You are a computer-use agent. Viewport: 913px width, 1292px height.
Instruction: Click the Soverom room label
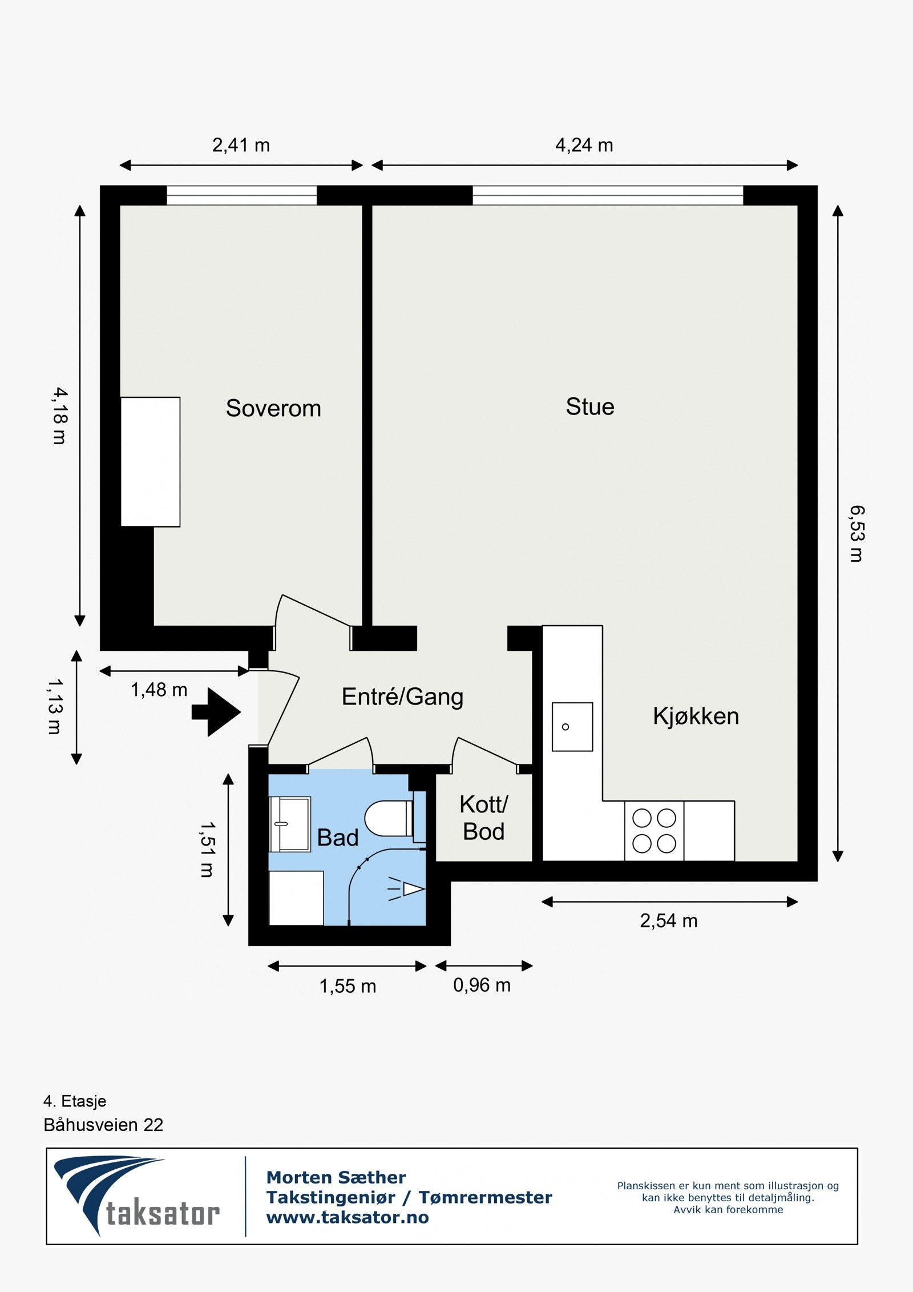coord(273,409)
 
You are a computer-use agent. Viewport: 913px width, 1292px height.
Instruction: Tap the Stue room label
coord(590,407)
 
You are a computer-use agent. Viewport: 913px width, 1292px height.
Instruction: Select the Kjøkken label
coord(696,716)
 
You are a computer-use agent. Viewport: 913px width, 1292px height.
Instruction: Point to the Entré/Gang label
coord(402,697)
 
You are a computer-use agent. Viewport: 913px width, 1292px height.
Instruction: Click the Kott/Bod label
coord(483,818)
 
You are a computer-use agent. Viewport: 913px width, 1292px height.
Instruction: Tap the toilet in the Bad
coord(389,818)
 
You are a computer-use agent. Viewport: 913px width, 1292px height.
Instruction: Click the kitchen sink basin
coord(572,727)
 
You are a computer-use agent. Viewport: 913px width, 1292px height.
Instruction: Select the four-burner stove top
coord(654,831)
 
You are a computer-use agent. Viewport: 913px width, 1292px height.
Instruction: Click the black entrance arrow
coord(217,712)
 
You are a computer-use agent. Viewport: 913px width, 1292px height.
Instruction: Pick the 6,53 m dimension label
coord(857,534)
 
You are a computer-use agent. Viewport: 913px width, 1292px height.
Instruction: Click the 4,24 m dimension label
coord(584,146)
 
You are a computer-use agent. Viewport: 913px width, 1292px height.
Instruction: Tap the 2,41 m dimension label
coord(241,146)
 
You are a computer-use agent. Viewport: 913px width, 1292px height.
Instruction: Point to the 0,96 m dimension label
coord(482,985)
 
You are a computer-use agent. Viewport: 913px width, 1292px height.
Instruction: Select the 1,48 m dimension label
coord(159,690)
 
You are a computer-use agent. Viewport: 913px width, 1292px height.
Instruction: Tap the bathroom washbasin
coord(290,824)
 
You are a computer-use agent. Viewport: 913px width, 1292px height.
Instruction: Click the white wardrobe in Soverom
coord(151,462)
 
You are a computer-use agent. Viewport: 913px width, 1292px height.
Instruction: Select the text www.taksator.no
coord(347,1217)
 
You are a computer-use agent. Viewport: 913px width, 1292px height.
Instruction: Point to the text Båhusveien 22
coord(103,1125)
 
